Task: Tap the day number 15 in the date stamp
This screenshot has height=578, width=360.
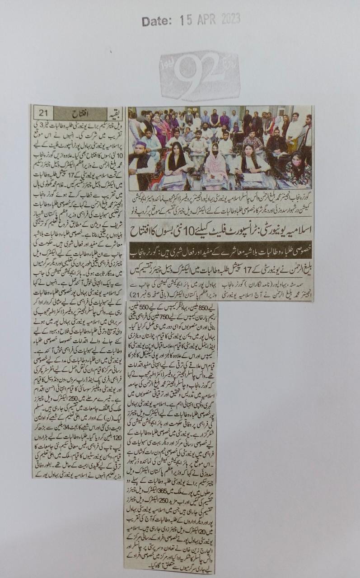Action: coord(183,20)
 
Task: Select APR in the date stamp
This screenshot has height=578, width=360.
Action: coord(206,19)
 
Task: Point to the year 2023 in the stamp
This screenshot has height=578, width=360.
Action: coord(230,19)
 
